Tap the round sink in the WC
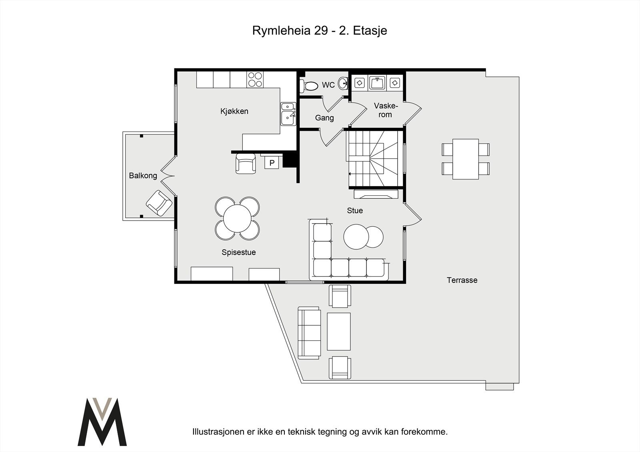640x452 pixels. click(343, 84)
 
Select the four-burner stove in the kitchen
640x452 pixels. click(255, 79)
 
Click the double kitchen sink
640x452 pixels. click(288, 113)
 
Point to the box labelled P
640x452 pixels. click(272, 163)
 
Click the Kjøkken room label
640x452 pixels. click(234, 111)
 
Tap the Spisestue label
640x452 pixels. click(239, 252)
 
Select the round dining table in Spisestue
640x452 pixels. click(237, 218)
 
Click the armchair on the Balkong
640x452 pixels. click(159, 203)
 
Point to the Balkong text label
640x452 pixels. click(143, 175)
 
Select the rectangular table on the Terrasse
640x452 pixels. click(466, 159)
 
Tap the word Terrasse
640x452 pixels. click(462, 280)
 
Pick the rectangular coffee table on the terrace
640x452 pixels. click(339, 331)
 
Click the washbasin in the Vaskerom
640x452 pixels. click(377, 83)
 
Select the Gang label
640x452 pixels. click(324, 118)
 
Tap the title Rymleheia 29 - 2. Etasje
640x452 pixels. click(320, 31)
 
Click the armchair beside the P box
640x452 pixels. click(246, 163)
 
